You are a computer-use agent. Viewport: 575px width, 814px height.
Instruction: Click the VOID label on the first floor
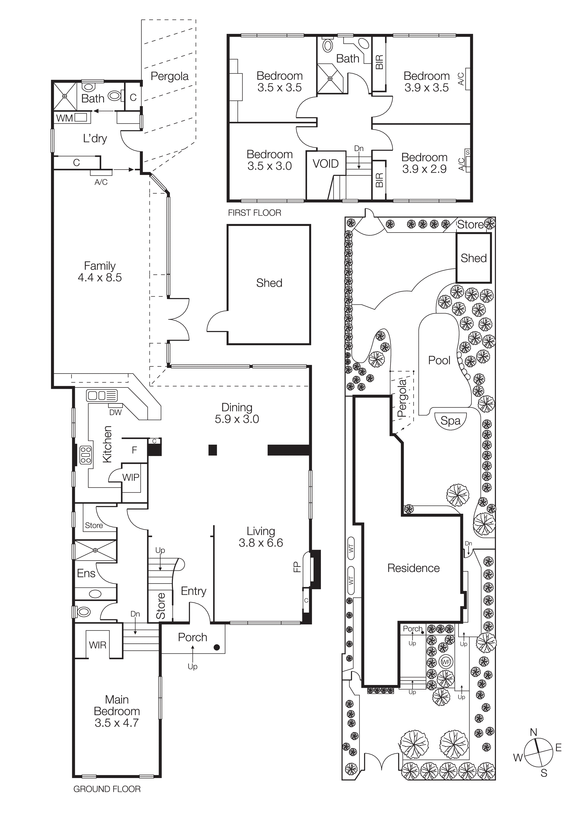[325, 164]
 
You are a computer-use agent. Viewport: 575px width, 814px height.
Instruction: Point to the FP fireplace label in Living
[297, 567]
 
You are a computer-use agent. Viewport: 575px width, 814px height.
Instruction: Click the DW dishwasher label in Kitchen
[115, 412]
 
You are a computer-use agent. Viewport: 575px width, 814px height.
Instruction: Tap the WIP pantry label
[131, 477]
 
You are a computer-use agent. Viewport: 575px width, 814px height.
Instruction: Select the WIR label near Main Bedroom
[97, 645]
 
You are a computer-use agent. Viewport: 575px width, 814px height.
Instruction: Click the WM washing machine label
[64, 118]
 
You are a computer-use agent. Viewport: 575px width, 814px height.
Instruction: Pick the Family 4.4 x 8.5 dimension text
[99, 277]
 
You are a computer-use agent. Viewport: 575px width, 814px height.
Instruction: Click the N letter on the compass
[533, 732]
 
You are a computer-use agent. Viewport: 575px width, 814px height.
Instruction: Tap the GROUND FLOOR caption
[107, 789]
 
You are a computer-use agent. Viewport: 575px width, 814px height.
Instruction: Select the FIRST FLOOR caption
[254, 213]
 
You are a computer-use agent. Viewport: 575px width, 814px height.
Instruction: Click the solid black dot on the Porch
[217, 647]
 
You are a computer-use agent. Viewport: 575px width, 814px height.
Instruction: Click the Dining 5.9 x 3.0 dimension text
[237, 419]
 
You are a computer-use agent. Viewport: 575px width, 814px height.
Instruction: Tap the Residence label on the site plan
[413, 568]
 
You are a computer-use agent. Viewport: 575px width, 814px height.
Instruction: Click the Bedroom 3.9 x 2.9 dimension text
[424, 169]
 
